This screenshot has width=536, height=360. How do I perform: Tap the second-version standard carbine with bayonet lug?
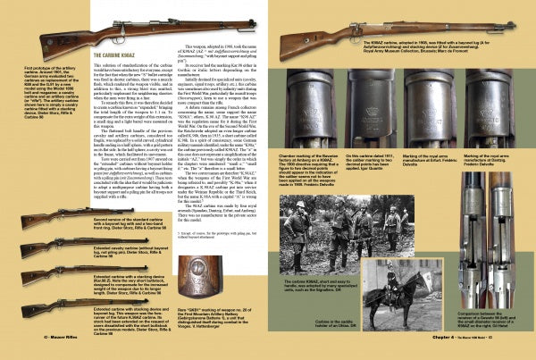click(x=54, y=217)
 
